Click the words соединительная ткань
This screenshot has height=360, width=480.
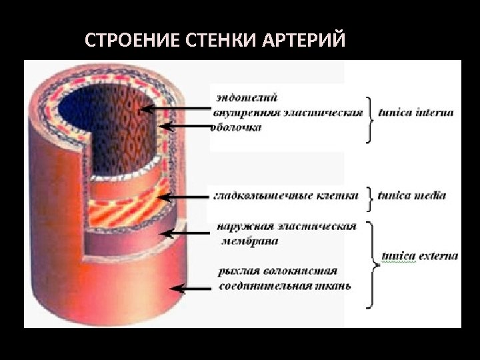(285, 286)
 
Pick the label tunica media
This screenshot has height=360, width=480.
(411, 196)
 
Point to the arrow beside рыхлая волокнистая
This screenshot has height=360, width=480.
(193, 289)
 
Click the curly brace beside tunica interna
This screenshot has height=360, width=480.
(369, 118)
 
